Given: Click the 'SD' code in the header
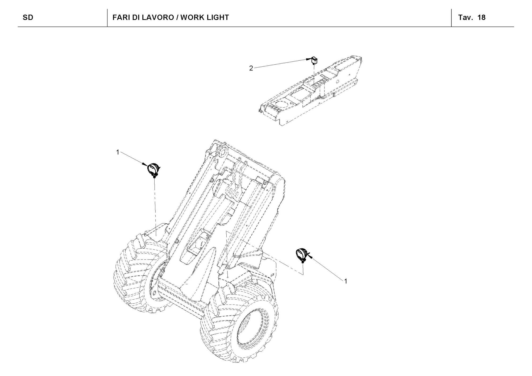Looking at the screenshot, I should (x=28, y=18).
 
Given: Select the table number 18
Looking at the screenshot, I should (x=482, y=18).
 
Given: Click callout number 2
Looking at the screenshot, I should (x=251, y=68).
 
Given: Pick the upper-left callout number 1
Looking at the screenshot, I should (x=118, y=152).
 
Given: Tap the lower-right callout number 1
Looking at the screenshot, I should (x=346, y=281).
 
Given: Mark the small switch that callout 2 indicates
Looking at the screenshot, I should (x=314, y=61).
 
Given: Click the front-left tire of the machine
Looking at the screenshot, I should (x=138, y=274).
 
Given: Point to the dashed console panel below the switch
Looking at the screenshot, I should (x=309, y=93).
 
